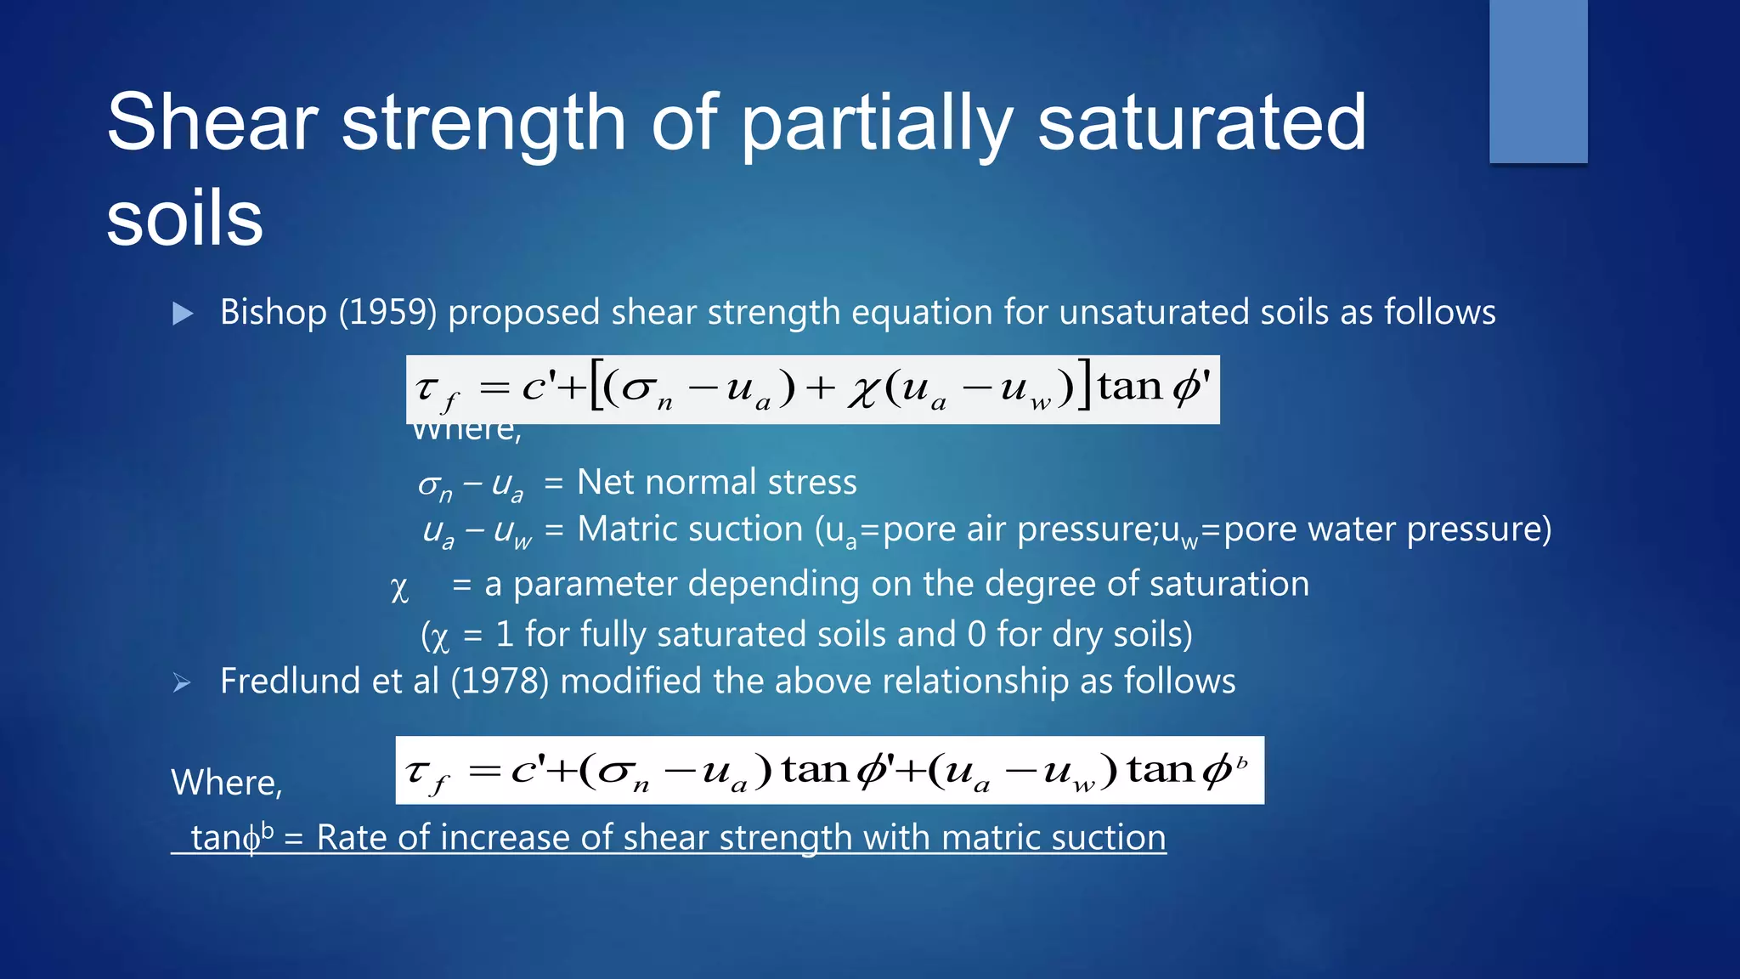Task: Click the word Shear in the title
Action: click(x=212, y=122)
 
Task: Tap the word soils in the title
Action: click(x=184, y=219)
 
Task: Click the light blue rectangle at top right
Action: click(x=1538, y=81)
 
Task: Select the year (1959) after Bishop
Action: click(x=387, y=312)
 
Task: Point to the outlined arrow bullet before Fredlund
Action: click(x=181, y=682)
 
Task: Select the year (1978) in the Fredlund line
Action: click(x=500, y=681)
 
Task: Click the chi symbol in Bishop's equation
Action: click(x=862, y=392)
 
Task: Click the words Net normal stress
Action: click(x=716, y=482)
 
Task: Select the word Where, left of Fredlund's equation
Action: click(x=226, y=782)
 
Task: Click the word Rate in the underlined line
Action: click(x=352, y=837)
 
